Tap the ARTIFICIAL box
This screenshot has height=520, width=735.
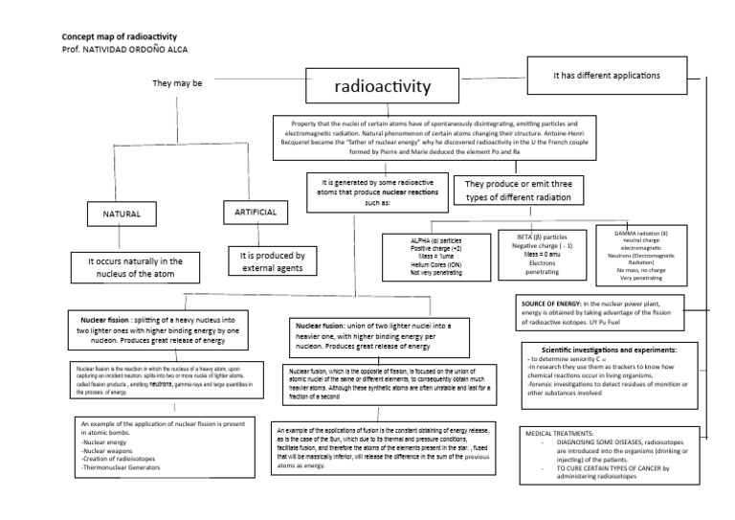(x=256, y=212)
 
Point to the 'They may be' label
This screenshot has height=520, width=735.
(x=177, y=83)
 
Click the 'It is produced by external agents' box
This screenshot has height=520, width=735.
(x=273, y=262)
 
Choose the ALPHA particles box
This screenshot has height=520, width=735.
(x=436, y=256)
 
